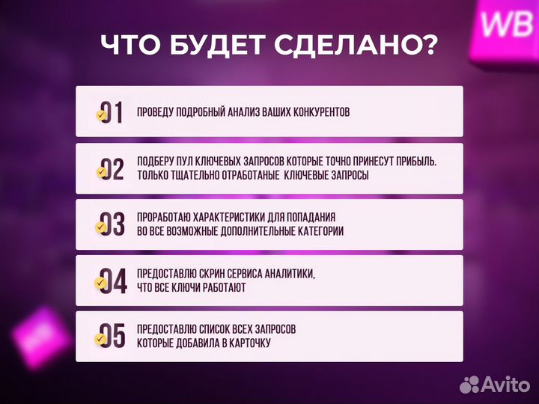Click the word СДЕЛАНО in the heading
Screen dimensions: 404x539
point(340,46)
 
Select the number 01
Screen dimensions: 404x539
point(112,112)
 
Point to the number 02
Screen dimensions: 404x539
point(112,169)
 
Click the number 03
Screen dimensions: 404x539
point(112,225)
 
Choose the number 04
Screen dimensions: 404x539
point(112,281)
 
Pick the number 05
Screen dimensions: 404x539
point(112,337)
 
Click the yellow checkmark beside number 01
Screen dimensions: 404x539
point(101,116)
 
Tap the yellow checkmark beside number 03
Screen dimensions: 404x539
point(101,228)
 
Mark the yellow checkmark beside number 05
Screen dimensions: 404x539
point(101,340)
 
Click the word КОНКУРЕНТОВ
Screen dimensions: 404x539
point(321,112)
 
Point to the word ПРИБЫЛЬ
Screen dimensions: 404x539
point(412,162)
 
